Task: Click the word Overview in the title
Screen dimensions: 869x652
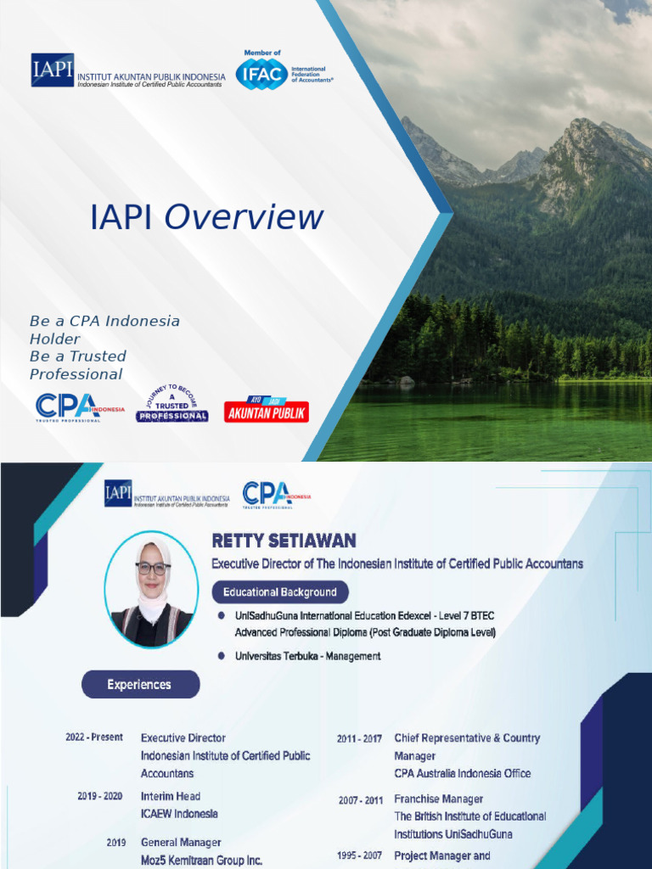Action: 244,217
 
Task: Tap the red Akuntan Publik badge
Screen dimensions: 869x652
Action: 267,411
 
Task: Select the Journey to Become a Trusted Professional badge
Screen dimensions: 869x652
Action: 172,402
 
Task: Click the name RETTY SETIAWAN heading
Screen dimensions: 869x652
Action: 284,541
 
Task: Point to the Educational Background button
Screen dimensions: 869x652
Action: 279,592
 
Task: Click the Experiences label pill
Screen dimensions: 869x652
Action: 140,685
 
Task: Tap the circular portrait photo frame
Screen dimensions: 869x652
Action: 152,590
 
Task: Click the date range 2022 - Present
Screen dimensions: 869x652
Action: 94,737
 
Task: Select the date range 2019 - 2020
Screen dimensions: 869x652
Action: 94,796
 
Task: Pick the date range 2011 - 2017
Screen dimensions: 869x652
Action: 360,738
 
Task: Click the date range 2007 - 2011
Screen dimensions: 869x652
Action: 360,799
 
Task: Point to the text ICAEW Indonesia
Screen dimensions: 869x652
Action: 179,814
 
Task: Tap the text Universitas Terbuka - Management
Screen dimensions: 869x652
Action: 307,656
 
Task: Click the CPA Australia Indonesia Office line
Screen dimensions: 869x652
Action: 463,773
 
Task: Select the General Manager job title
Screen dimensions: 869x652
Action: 181,842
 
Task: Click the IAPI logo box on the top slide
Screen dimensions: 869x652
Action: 53,70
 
